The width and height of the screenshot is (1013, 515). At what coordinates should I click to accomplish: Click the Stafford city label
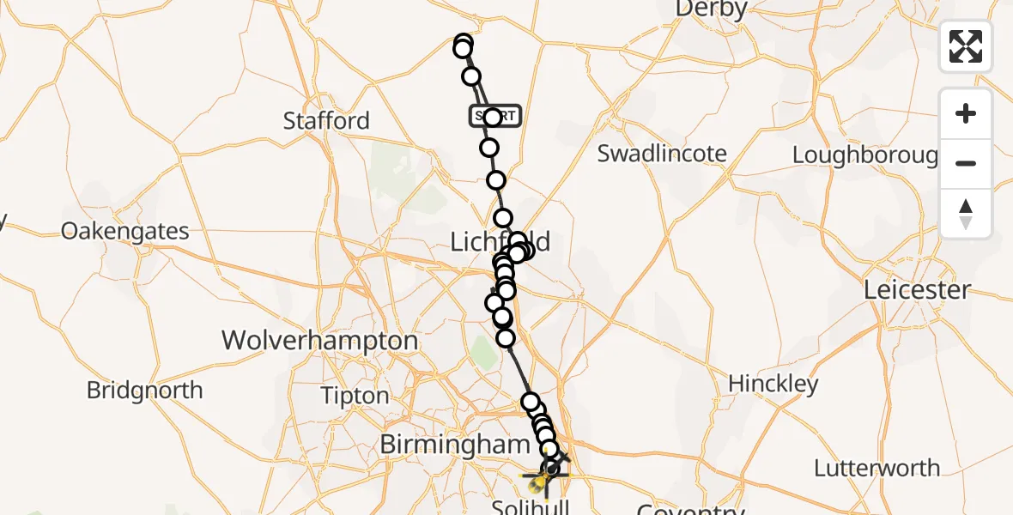(x=326, y=121)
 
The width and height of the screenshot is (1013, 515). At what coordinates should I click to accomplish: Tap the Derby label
(x=712, y=9)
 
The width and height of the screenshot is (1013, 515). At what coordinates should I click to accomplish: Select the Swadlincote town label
(x=662, y=154)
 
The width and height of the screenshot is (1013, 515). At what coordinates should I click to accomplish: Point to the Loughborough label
(x=865, y=155)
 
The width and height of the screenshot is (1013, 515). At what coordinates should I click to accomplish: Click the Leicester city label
(x=917, y=290)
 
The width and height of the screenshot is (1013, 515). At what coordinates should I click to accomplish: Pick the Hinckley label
(x=773, y=384)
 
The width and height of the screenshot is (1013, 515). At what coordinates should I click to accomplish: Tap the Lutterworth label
(x=877, y=469)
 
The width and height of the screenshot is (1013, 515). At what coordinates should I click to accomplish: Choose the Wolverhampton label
(x=320, y=341)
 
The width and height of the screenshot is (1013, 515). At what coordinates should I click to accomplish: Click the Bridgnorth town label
(x=145, y=391)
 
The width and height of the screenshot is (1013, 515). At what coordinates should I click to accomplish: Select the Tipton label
(x=355, y=396)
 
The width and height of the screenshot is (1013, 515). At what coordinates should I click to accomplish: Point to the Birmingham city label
(x=452, y=445)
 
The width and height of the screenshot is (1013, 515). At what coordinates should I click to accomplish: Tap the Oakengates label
(x=125, y=232)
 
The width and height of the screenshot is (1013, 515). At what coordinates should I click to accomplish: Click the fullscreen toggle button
(x=966, y=46)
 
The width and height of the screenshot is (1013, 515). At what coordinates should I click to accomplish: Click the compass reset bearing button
(x=966, y=213)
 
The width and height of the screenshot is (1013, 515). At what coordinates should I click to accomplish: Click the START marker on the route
(x=495, y=116)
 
